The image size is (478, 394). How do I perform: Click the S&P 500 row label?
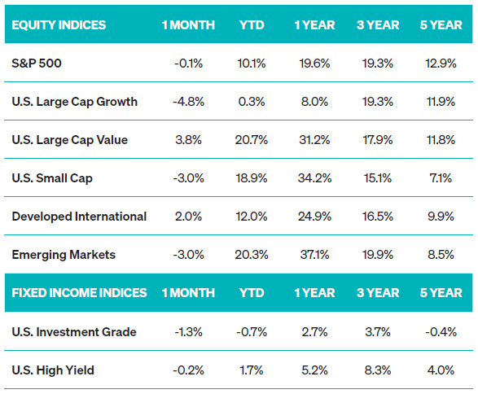tap(37, 63)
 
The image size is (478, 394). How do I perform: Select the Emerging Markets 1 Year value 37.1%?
tap(314, 255)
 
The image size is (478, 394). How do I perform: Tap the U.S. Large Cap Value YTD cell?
tap(251, 140)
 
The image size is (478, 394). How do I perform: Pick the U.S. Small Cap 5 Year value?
tap(441, 178)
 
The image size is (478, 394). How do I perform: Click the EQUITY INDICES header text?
tap(59, 25)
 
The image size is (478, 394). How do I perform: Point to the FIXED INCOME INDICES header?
tap(79, 293)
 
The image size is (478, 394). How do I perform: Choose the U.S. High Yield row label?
tap(53, 370)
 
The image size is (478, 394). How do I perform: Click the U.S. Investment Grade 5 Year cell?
tap(441, 332)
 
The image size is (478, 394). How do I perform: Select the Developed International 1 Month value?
tap(188, 217)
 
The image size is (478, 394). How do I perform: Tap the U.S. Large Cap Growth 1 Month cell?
tap(188, 102)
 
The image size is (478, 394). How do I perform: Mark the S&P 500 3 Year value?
tap(378, 63)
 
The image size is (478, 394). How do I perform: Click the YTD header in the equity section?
tap(252, 25)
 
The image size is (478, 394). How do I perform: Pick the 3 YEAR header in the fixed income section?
tap(378, 293)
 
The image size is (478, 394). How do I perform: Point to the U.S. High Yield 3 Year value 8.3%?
tap(378, 370)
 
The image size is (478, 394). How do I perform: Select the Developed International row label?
tap(79, 217)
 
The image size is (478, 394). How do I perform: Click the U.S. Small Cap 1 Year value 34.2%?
tap(314, 178)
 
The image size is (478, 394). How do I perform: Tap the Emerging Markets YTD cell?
tap(251, 255)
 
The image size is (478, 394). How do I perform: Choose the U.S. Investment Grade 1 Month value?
tap(188, 332)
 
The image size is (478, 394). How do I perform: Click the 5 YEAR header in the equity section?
tap(441, 25)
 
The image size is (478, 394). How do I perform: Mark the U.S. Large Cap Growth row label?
tap(75, 102)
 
